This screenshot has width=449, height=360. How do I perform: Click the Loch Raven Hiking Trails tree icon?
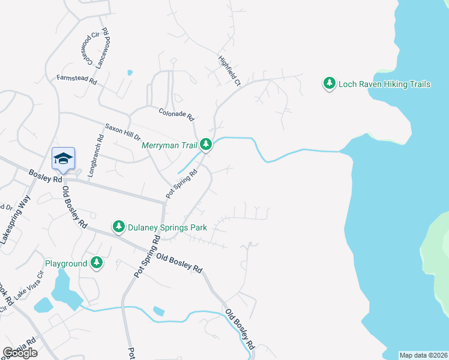click(x=329, y=84)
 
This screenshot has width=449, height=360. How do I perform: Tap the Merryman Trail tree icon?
click(x=206, y=145)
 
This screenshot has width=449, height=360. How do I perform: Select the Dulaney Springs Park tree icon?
click(x=119, y=227)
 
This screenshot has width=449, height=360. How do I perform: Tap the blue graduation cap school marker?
click(x=63, y=159)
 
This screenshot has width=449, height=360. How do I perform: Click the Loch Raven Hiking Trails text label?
click(x=384, y=84)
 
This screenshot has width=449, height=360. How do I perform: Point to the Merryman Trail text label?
click(x=170, y=145)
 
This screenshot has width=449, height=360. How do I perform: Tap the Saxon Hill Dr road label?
click(x=122, y=131)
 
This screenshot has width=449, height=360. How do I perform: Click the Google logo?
click(x=20, y=352)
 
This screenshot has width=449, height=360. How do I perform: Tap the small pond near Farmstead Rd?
click(x=130, y=73)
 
